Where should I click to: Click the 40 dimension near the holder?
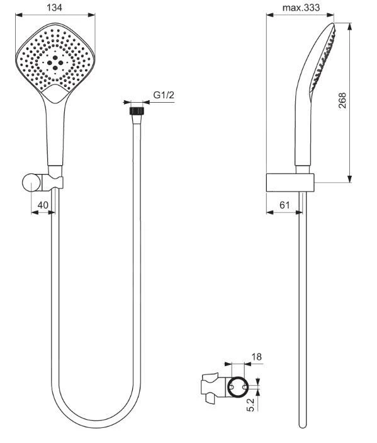click(x=42, y=204)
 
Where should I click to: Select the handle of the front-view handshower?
click(x=55, y=135)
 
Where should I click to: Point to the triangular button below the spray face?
click(x=57, y=96)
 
